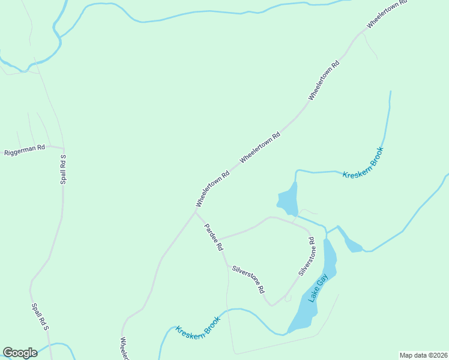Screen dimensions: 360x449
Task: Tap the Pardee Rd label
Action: [x=214, y=237]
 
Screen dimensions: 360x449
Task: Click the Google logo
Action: [x=20, y=353]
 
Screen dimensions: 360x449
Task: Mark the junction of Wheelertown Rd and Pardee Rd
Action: [x=196, y=211]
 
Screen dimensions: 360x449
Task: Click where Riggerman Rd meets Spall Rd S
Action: [x=63, y=147]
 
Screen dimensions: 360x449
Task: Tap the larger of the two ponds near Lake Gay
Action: [x=288, y=200]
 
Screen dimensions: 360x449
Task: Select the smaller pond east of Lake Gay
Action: [x=353, y=245]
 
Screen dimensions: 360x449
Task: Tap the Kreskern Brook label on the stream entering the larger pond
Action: [x=363, y=163]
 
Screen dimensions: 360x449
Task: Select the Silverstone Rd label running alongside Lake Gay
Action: [x=306, y=257]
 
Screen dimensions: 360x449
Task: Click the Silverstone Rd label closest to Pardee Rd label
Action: [x=249, y=279]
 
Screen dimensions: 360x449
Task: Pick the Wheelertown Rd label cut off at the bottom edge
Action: [x=124, y=349]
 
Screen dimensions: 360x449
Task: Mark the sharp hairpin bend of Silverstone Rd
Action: [x=272, y=305]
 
